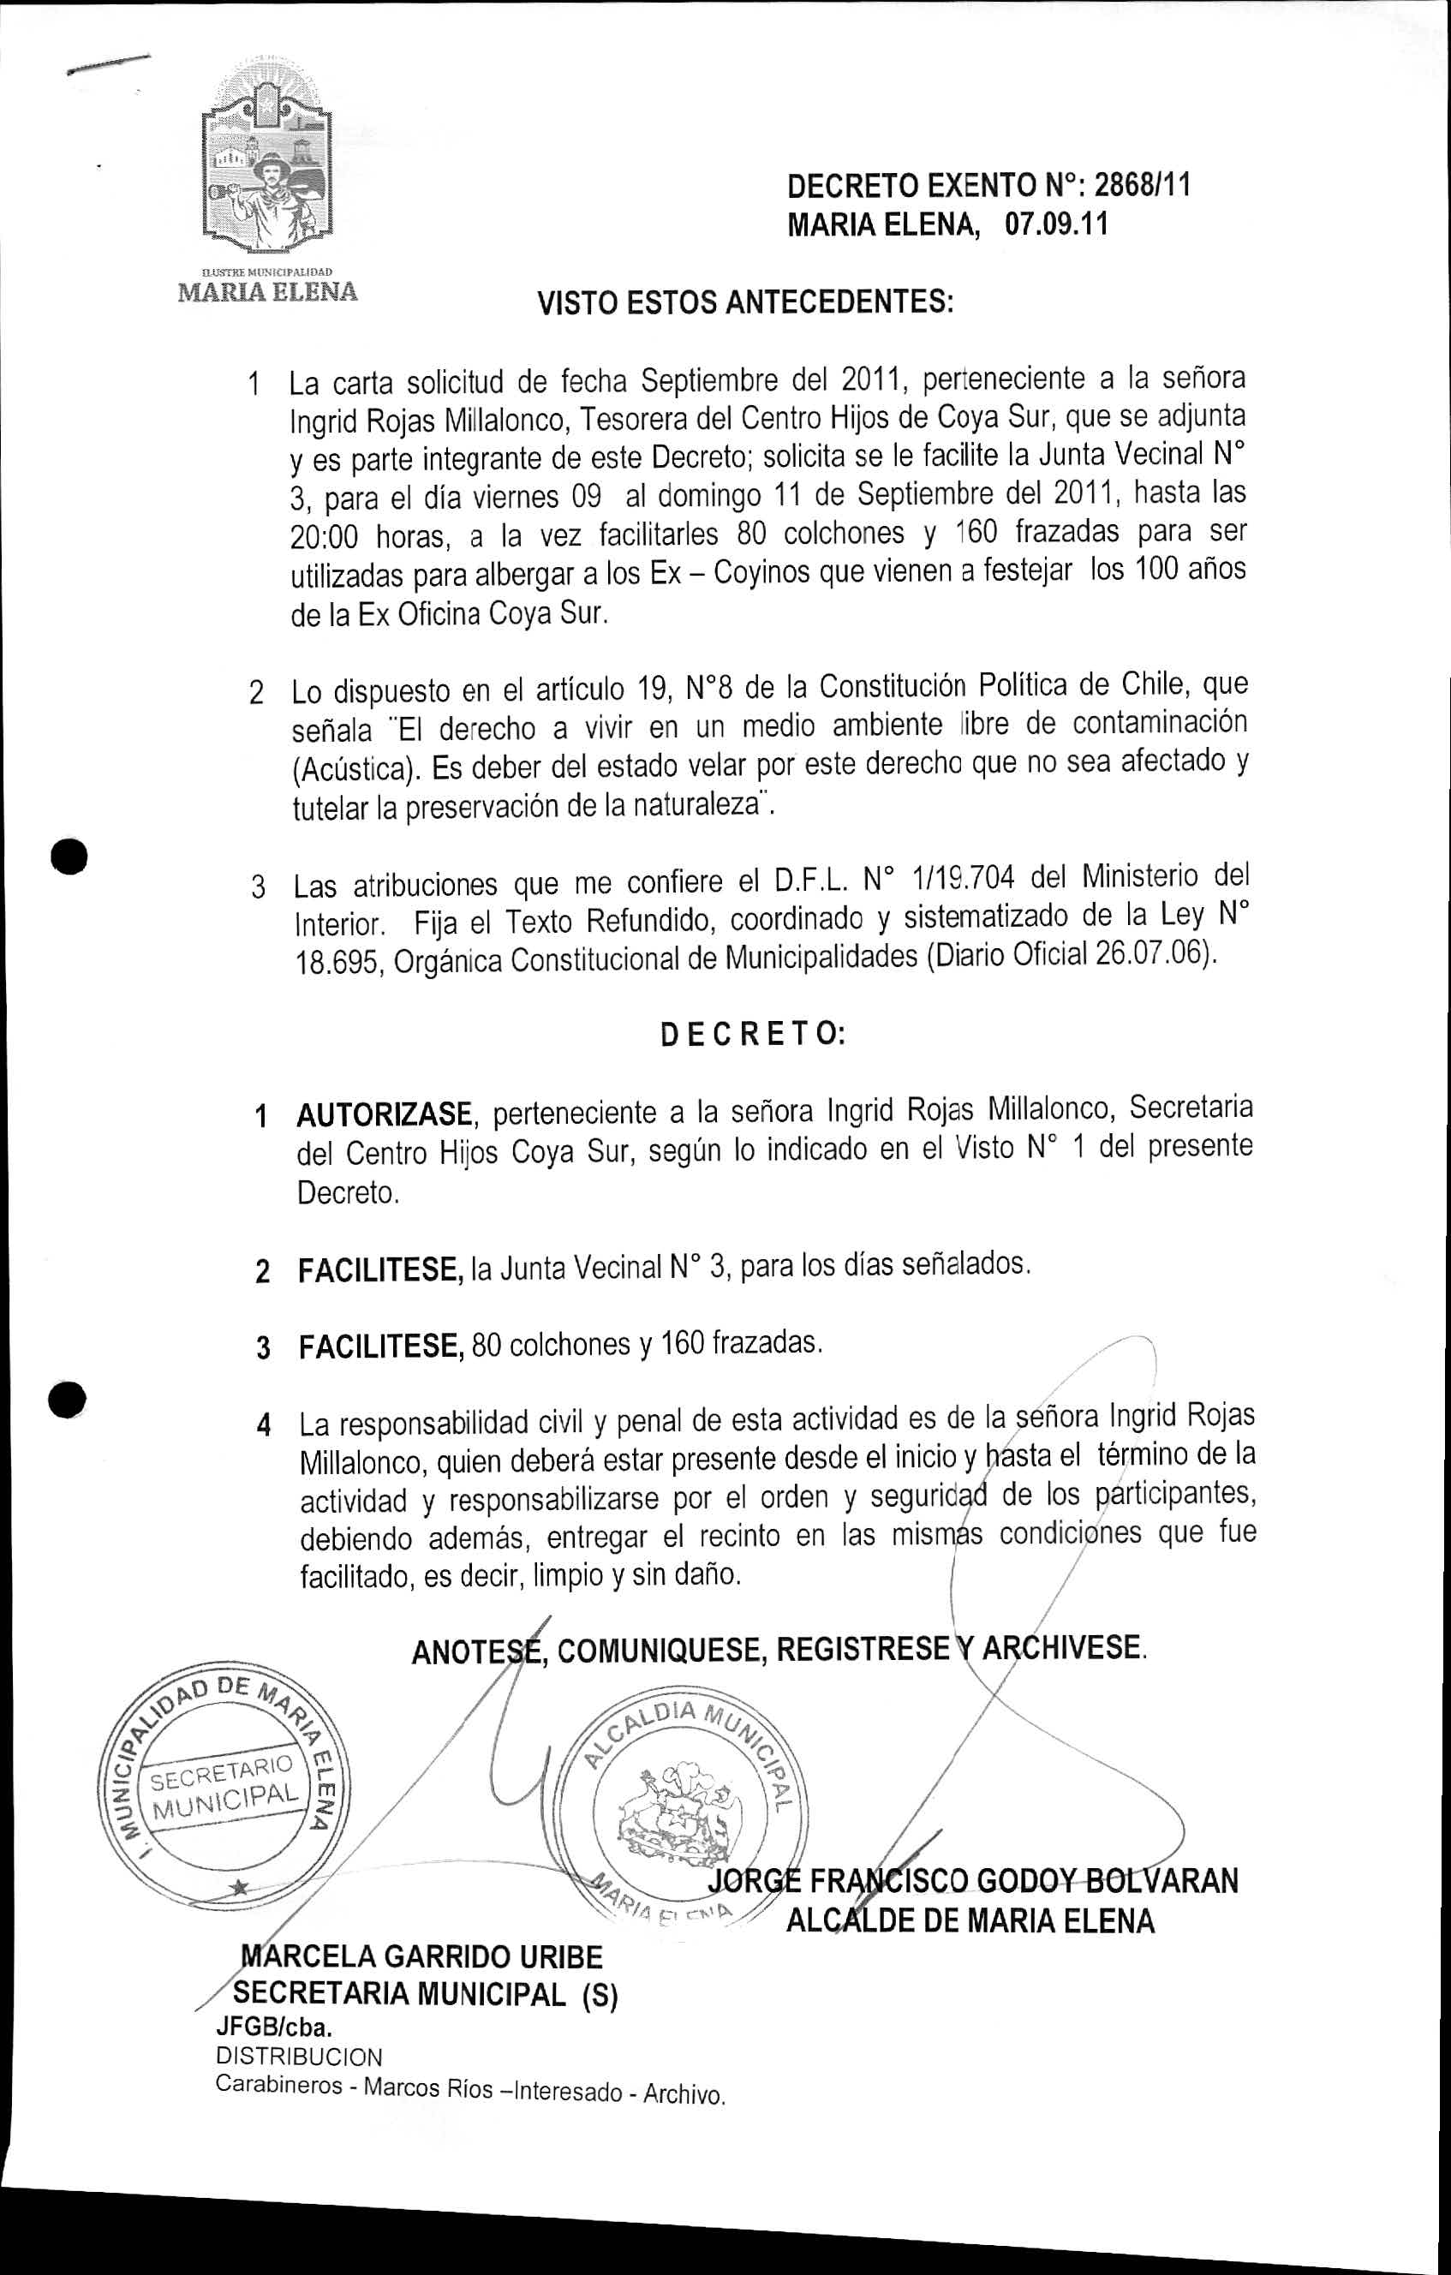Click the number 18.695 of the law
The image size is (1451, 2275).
point(338,963)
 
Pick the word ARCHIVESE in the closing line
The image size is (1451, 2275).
point(1063,1648)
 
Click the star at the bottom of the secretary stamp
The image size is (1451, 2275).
point(241,1887)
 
